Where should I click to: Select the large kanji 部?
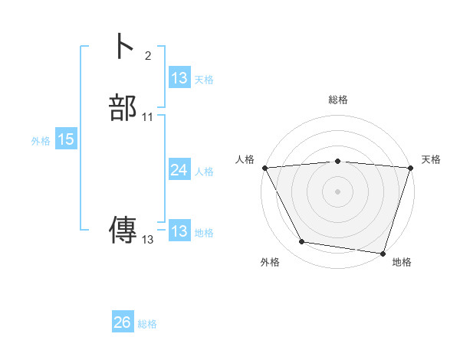coord(123,108)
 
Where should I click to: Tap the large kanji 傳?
coord(123,231)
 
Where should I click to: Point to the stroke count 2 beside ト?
coord(148,55)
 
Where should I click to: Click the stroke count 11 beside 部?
coord(148,117)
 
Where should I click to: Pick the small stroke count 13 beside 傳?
coord(148,240)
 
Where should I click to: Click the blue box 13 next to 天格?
coord(179,78)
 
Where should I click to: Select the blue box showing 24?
coord(179,170)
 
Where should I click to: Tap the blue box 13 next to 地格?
coord(179,231)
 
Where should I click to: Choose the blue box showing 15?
coord(66,139)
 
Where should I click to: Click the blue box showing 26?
coord(122,322)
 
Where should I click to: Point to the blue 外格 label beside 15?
coord(41,140)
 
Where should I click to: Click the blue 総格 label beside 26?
coord(147,324)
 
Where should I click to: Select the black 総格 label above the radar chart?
coord(337,100)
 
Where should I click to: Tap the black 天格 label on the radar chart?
coord(431,159)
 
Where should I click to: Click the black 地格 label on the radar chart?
coord(402,262)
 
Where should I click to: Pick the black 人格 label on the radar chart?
coord(245,159)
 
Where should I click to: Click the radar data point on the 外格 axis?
coord(302,242)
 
